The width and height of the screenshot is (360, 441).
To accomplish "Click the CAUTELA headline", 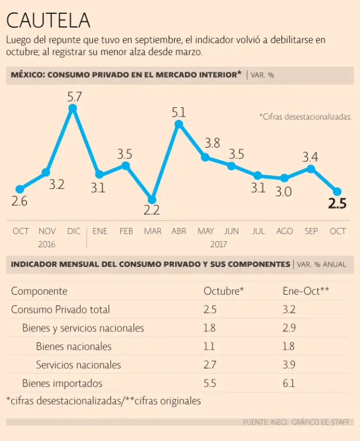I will click(48, 20).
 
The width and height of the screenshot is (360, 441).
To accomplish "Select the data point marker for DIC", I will click(73, 107).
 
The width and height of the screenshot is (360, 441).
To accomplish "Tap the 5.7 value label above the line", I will click(75, 96).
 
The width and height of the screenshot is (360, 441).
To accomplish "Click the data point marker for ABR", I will click(179, 123).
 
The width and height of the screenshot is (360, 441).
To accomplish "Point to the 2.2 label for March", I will click(152, 210).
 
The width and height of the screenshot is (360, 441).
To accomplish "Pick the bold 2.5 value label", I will click(337, 203).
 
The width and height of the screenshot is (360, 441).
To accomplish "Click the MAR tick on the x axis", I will click(153, 231).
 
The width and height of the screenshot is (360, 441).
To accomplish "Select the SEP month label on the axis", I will click(311, 231).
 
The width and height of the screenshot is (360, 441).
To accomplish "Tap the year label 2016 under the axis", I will click(47, 243).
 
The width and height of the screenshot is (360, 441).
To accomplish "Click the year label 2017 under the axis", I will click(219, 243).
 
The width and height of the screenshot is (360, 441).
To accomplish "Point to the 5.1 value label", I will click(179, 112).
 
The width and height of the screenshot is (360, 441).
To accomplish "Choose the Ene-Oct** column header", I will click(305, 291).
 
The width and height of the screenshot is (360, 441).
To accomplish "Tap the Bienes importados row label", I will click(62, 383).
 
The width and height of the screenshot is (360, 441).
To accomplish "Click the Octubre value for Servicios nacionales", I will click(210, 365).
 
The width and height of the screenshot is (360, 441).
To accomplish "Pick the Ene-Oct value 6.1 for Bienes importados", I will click(289, 383).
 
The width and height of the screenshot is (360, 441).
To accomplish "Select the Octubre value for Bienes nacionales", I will click(209, 346).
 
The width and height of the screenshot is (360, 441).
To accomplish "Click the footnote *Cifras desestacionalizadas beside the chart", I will click(305, 117).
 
